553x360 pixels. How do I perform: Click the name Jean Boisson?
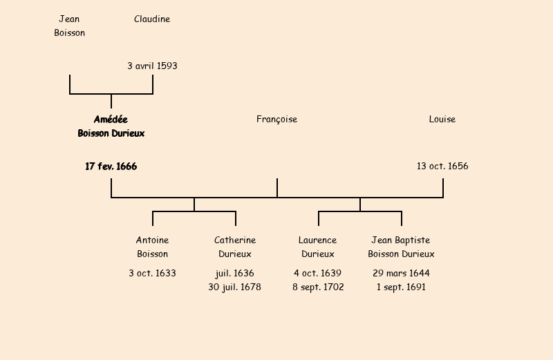coord(69,26)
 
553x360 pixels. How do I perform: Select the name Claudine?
coord(152,19)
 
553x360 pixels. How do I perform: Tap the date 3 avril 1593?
coord(152,66)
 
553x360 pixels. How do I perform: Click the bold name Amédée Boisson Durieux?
coord(111,126)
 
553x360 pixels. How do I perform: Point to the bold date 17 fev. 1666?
coord(111,167)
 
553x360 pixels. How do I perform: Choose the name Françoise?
coord(276,120)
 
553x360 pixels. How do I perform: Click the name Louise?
coord(442,120)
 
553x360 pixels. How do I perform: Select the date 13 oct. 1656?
coord(442,167)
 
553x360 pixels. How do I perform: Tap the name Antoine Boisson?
coord(152,247)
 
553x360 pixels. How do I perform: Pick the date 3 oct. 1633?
coord(152,274)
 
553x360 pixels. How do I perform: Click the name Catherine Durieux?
coord(235,247)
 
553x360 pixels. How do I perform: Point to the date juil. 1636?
coord(235,274)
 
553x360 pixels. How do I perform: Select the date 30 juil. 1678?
coord(235,287)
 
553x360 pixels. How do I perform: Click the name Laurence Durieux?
coord(318,247)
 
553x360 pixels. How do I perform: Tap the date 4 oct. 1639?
coord(318,274)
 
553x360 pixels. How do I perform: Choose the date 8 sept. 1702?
coord(318,287)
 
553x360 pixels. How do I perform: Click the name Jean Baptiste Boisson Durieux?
coord(401,247)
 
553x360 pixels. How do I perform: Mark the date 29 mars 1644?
coord(401,274)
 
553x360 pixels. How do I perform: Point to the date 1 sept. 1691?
coord(401,287)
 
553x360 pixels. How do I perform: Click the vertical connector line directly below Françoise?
coord(277,188)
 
